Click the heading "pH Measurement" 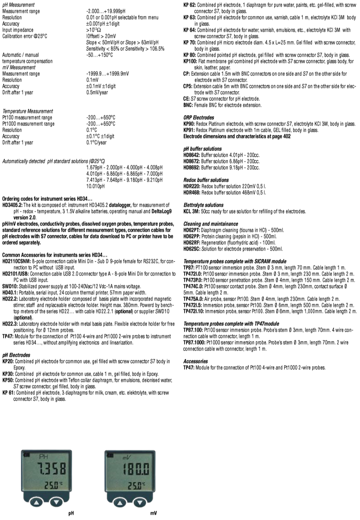click(18, 5)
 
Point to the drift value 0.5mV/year click(97, 92)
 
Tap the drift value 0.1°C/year click(96, 142)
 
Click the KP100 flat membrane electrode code click(190, 61)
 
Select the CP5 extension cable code click(187, 86)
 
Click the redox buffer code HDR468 click(192, 192)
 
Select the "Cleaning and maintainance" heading click(210, 224)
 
